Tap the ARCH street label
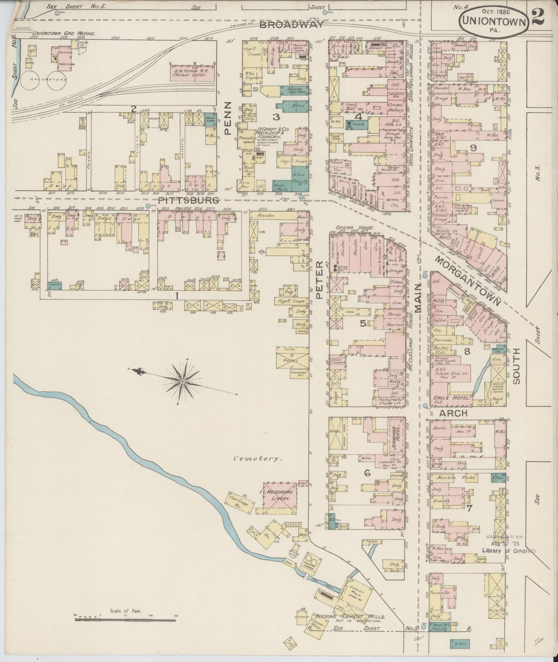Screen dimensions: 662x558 (453, 413)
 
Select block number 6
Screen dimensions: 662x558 (367, 472)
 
